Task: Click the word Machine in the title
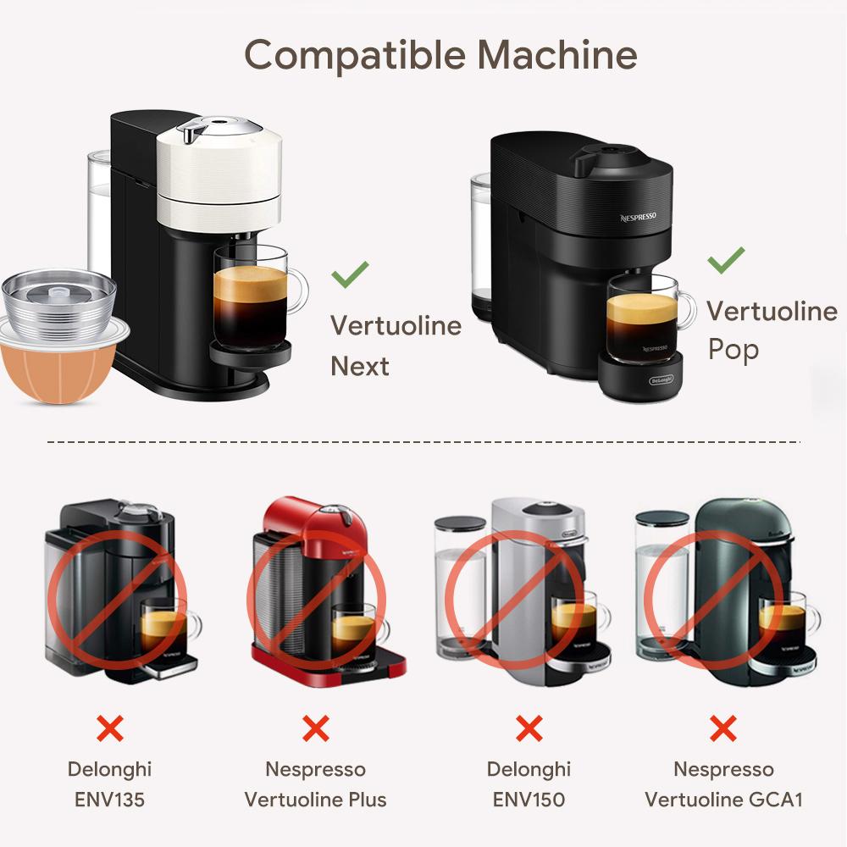556,55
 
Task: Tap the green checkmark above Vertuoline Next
350,274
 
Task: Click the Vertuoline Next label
396,346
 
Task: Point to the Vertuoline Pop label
771,330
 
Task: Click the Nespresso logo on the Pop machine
638,217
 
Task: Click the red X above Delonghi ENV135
109,728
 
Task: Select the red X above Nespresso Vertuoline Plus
315,728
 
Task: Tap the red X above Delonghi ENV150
529,728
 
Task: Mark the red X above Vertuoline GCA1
722,728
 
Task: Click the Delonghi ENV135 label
109,783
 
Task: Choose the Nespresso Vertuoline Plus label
315,783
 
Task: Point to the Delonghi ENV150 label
529,783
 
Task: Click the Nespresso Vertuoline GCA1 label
723,783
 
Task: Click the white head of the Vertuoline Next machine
219,174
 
